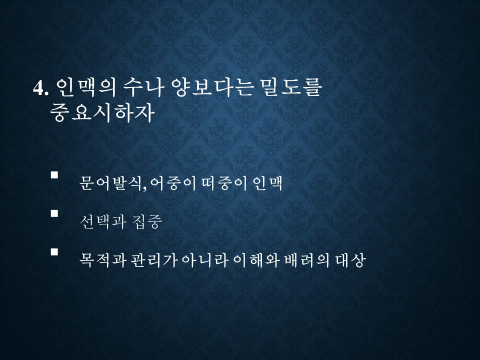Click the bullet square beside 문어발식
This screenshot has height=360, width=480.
click(x=54, y=175)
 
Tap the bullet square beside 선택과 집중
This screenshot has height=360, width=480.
click(x=54, y=213)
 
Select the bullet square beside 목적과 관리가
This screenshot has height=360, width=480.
click(x=54, y=251)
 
